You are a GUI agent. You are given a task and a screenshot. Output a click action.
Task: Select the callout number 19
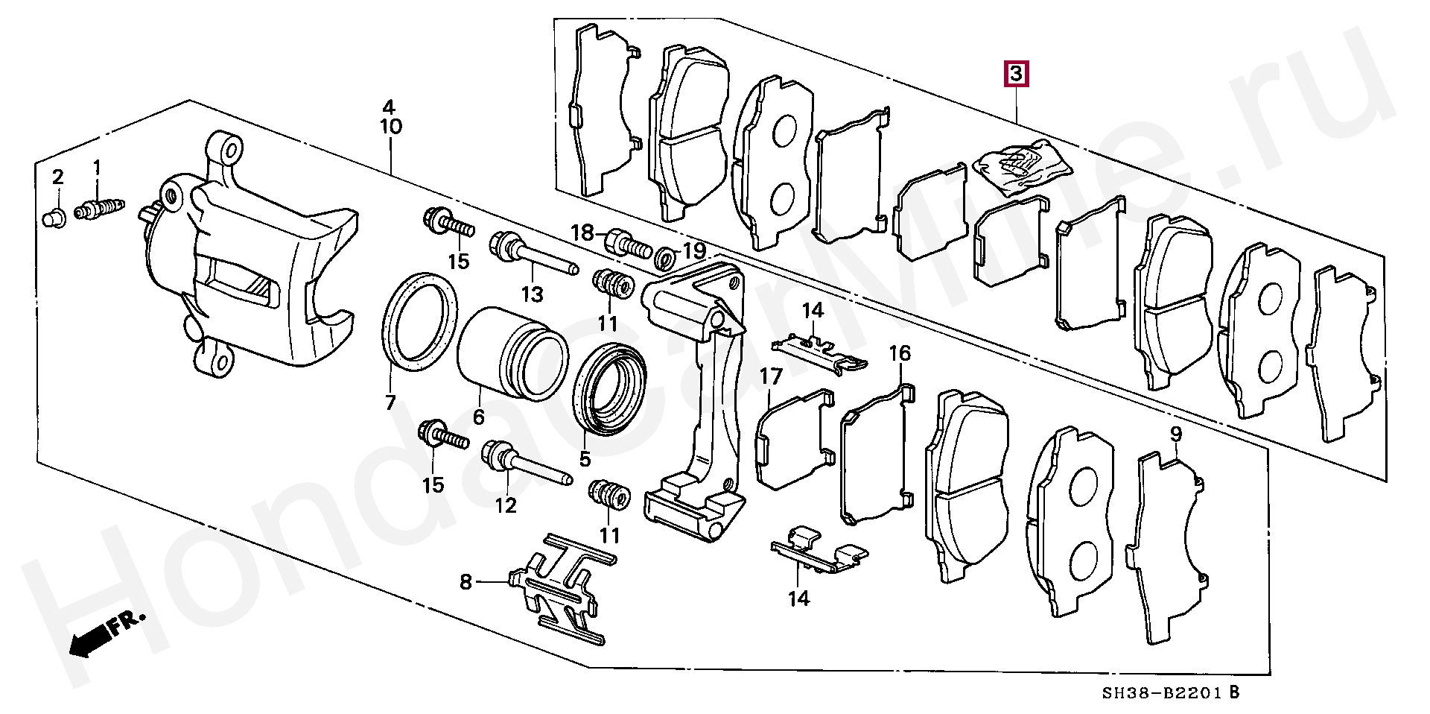click(x=693, y=251)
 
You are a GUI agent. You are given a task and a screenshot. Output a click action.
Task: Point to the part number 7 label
click(x=390, y=403)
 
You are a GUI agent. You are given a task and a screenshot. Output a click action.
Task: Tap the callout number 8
click(x=465, y=581)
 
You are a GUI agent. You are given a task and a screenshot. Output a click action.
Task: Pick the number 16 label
click(x=900, y=353)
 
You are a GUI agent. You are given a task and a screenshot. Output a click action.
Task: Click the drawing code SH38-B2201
click(x=1163, y=693)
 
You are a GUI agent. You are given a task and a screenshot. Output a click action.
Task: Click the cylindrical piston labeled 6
click(x=512, y=353)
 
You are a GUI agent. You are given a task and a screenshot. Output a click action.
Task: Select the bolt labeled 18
click(x=627, y=243)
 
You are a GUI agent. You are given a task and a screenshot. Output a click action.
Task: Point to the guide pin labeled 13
click(x=533, y=254)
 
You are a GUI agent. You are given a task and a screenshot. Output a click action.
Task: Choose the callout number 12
click(x=506, y=506)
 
